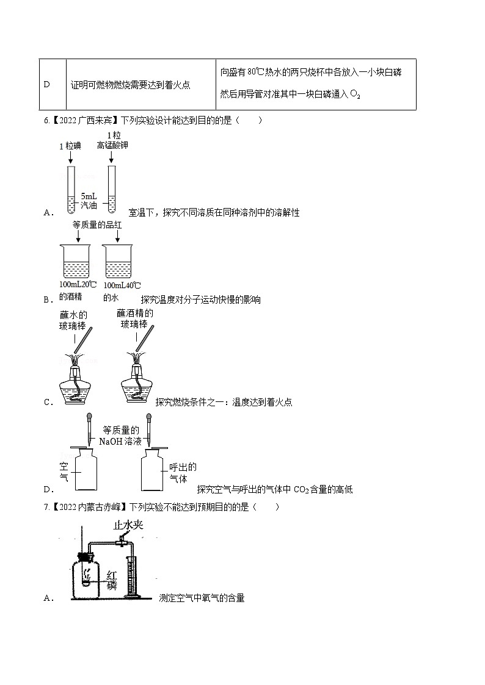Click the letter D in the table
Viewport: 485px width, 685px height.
pyautogui.click(x=46, y=85)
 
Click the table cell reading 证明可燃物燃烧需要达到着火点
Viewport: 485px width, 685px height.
pyautogui.click(x=130, y=85)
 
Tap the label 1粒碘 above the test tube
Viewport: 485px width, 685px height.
pyautogui.click(x=70, y=146)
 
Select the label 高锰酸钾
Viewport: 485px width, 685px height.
pyautogui.click(x=112, y=145)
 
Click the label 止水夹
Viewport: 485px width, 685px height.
pyautogui.click(x=128, y=525)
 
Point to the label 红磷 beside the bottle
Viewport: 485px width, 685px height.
pyautogui.click(x=112, y=580)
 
